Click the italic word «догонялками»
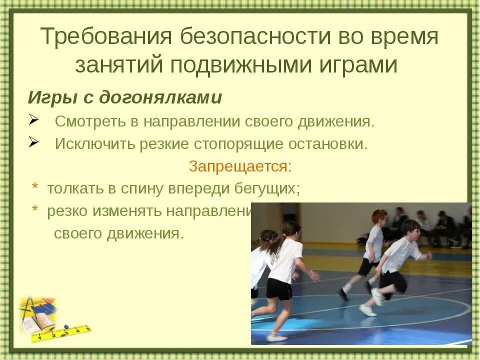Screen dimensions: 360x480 pyautogui.click(x=160, y=97)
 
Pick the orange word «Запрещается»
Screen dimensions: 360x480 pyautogui.click(x=238, y=166)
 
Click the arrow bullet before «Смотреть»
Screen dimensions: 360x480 pyautogui.click(x=34, y=120)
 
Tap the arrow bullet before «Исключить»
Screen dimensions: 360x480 pyautogui.click(x=34, y=143)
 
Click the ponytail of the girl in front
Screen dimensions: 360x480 pyautogui.click(x=276, y=243)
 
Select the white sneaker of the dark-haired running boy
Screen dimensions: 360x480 pyautogui.click(x=367, y=310)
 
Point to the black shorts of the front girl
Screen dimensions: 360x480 pyautogui.click(x=279, y=288)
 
